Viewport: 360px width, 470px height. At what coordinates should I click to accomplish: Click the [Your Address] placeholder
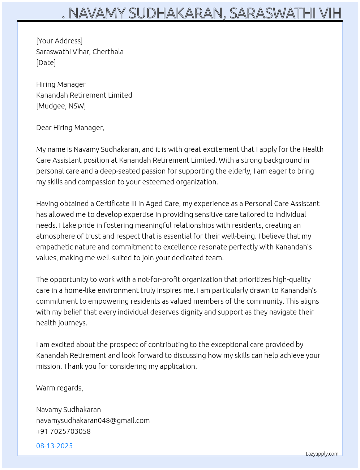click(59, 41)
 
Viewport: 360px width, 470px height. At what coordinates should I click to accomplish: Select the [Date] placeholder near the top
click(46, 63)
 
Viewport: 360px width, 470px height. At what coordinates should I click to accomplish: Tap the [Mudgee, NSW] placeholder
click(61, 106)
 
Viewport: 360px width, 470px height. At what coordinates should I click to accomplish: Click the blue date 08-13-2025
click(54, 446)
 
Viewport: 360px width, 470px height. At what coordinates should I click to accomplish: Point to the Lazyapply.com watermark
click(322, 454)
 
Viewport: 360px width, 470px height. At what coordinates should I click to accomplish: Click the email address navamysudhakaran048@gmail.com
click(93, 420)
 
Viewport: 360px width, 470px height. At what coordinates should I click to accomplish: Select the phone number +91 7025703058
click(63, 431)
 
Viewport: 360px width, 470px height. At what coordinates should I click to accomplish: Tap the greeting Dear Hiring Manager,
click(70, 128)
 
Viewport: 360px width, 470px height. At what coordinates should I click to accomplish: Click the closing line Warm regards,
click(60, 388)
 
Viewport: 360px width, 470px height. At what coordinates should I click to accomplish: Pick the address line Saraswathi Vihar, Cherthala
click(80, 52)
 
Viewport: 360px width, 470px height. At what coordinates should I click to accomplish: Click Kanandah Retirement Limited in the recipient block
click(84, 95)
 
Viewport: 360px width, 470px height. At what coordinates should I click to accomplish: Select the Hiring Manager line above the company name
click(61, 84)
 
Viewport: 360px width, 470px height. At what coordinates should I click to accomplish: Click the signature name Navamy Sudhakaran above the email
click(68, 410)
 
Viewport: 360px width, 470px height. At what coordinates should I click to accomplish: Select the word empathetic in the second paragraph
click(54, 247)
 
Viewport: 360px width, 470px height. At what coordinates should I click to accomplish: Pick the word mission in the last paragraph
click(48, 366)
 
